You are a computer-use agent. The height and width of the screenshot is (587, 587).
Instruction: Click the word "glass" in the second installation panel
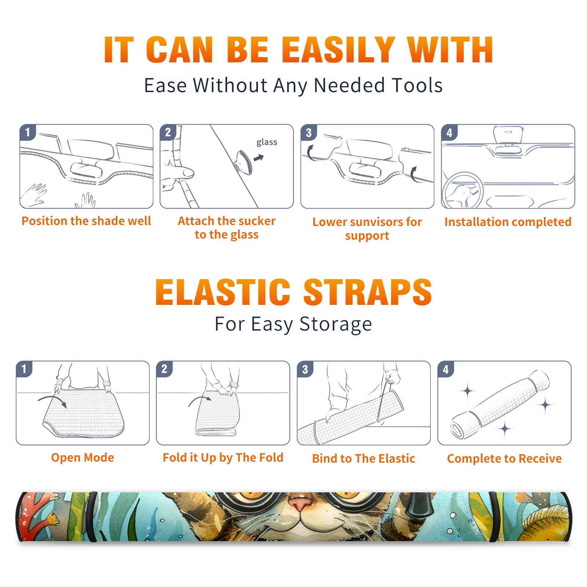point(267,142)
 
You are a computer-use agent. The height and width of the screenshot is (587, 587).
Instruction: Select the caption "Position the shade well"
point(86,221)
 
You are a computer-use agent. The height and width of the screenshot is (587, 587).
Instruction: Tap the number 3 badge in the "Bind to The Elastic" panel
point(305,369)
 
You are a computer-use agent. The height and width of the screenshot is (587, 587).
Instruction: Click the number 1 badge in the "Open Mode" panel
point(24,369)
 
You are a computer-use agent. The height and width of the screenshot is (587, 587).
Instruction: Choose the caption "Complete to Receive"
point(504,459)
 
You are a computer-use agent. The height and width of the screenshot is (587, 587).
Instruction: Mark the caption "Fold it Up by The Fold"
point(223,458)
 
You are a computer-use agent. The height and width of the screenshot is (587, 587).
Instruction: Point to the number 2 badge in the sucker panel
point(168,132)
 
